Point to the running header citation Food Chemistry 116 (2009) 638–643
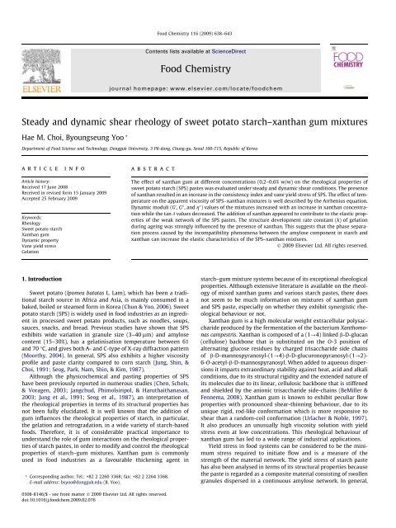click(x=197, y=7)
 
